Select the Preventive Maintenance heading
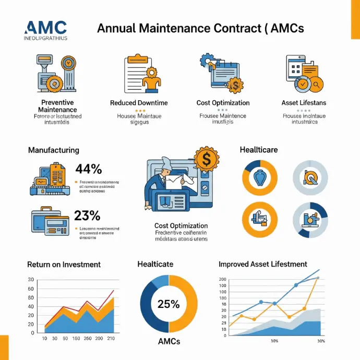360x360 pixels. [57, 106]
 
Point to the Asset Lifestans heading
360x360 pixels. [304, 103]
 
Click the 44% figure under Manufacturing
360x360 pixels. [88, 169]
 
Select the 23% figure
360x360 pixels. [88, 215]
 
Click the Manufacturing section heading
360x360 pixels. [54, 150]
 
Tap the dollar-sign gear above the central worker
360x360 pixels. [206, 161]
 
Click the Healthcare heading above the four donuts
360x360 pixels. [259, 150]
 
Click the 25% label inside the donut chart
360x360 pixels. [169, 304]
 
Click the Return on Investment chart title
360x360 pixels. [64, 265]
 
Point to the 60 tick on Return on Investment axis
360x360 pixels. [31, 289]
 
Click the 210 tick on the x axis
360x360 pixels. [111, 339]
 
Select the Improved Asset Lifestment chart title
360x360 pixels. [263, 264]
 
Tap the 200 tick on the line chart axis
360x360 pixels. [223, 280]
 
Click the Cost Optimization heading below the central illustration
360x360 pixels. [181, 225]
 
